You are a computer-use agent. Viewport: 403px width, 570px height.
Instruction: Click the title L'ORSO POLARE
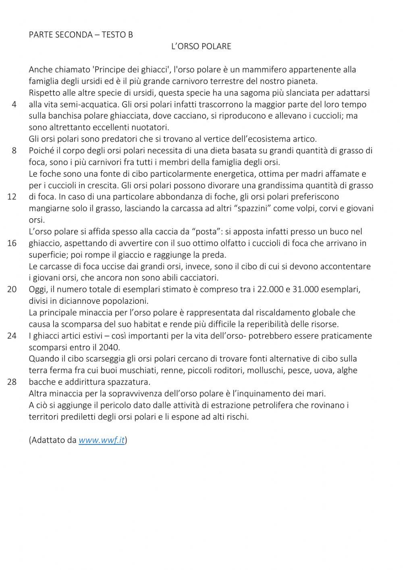201,46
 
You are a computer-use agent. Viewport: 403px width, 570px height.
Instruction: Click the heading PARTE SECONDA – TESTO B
81,35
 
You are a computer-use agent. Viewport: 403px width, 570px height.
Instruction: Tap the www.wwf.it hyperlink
102,440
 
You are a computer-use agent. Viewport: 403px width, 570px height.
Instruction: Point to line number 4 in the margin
14,104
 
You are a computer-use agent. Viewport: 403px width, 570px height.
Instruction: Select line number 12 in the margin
12,197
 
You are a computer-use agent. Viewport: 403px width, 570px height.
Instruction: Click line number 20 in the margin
12,290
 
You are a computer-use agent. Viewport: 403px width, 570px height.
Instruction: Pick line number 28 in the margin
12,382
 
